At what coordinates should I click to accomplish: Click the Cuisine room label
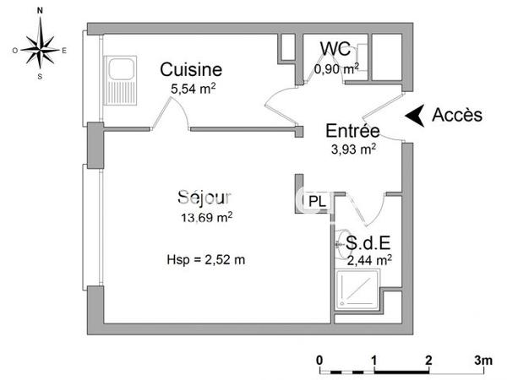point(191,69)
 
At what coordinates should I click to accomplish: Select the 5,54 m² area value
point(194,88)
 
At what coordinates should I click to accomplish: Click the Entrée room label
point(352,131)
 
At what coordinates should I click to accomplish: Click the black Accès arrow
point(413,116)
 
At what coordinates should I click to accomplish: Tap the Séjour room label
point(204,198)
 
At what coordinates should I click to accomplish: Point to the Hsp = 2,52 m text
point(206,259)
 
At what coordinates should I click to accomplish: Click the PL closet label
point(317,201)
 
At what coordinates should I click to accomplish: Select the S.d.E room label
point(368,242)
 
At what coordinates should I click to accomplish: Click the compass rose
point(40,51)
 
